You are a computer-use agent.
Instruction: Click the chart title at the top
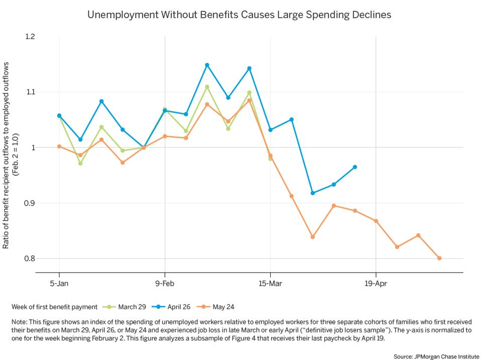click(239, 15)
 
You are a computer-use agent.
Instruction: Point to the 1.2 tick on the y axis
click(30, 37)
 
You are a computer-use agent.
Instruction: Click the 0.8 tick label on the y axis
click(30, 259)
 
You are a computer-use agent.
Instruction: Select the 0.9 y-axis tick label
click(30, 203)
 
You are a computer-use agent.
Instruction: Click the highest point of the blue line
click(207, 65)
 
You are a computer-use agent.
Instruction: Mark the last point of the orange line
click(439, 258)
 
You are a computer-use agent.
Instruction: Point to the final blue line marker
click(355, 167)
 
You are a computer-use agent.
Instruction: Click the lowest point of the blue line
click(313, 193)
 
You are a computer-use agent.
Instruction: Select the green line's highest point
click(207, 87)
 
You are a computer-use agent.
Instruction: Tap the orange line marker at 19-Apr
click(376, 221)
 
